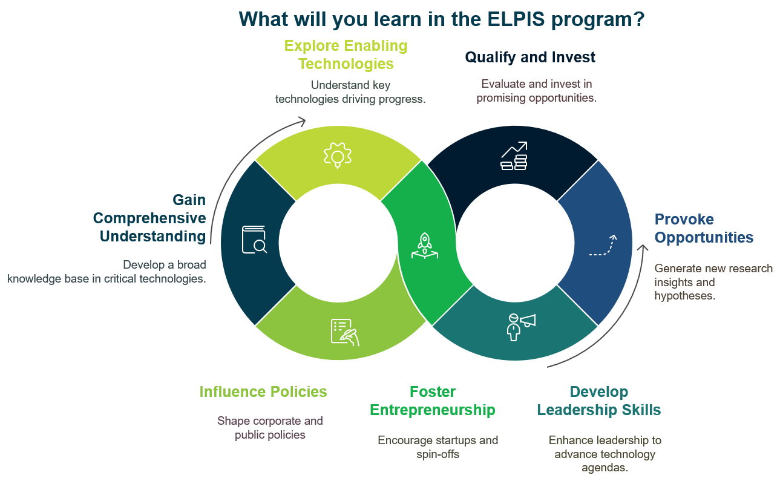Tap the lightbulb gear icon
click(338, 155)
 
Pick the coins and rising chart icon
click(514, 156)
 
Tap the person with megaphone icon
click(520, 327)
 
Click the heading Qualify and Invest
click(530, 57)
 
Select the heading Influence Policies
click(263, 391)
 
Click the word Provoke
click(684, 219)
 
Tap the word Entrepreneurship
click(432, 410)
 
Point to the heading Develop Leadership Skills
click(598, 401)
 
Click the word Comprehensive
click(149, 218)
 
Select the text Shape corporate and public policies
click(270, 428)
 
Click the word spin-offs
click(438, 454)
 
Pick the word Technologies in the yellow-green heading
click(346, 64)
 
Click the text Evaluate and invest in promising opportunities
click(536, 91)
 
